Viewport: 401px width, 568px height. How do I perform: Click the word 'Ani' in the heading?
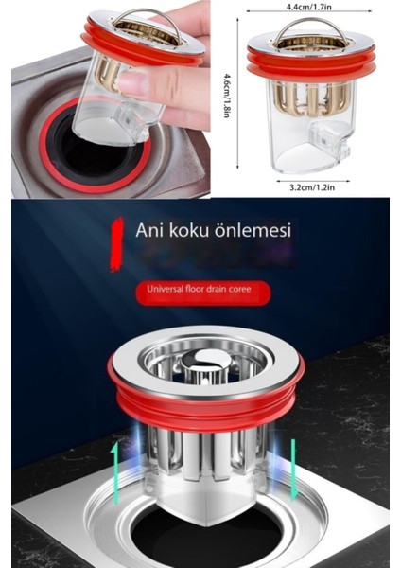point(150,230)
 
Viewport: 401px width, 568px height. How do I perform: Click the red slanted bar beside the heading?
point(116,243)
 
